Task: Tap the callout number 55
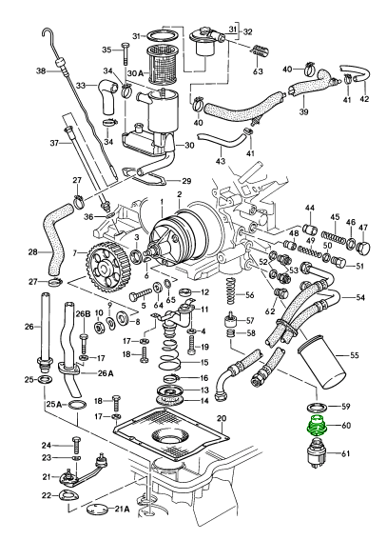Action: [353, 355]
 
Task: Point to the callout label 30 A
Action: [135, 73]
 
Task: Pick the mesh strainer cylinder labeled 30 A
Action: [162, 66]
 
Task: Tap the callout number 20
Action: [222, 418]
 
